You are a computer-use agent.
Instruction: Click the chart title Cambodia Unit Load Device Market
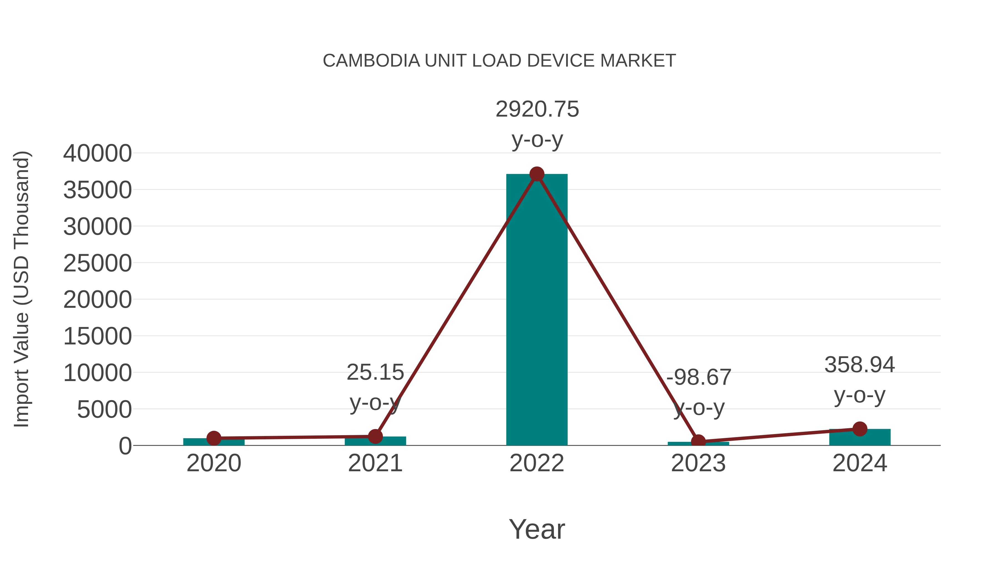click(x=499, y=61)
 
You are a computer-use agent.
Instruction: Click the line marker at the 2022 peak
click(x=537, y=174)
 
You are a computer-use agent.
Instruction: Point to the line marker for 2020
click(x=214, y=438)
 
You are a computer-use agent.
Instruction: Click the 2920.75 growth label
click(x=537, y=109)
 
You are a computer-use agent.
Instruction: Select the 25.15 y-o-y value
click(x=375, y=372)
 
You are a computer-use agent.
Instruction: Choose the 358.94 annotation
click(x=859, y=365)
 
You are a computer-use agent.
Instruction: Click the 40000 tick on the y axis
click(x=97, y=153)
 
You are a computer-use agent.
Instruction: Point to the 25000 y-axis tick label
click(x=97, y=263)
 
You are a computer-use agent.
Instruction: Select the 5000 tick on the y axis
click(x=104, y=410)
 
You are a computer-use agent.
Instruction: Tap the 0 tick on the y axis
click(x=125, y=446)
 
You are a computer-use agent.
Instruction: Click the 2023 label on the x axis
click(x=698, y=463)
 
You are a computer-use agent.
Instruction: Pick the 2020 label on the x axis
click(x=214, y=463)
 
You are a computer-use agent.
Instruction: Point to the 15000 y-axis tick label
click(x=97, y=336)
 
